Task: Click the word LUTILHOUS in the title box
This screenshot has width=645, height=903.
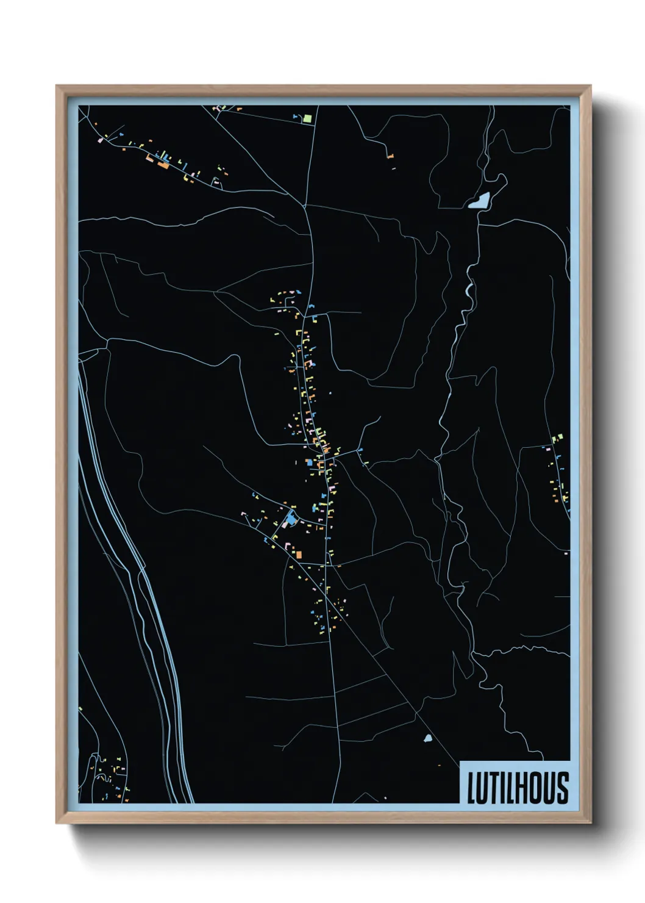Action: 518,787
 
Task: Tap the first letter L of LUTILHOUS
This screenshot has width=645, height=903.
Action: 471,788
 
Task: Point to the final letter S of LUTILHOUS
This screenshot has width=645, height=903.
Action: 563,787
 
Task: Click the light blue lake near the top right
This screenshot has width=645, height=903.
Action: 480,201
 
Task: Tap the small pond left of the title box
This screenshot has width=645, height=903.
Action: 427,738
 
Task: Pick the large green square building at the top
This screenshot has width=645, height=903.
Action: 308,118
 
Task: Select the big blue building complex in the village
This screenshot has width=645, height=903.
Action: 290,519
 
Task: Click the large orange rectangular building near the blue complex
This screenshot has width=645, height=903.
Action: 299,554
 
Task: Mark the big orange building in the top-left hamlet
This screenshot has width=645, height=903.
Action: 163,164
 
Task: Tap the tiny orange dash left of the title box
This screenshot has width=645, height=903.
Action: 439,765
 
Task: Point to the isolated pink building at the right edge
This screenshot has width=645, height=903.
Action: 566,553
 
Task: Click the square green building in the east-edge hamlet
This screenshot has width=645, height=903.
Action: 555,439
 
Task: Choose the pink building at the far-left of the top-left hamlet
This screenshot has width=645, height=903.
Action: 101,140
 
